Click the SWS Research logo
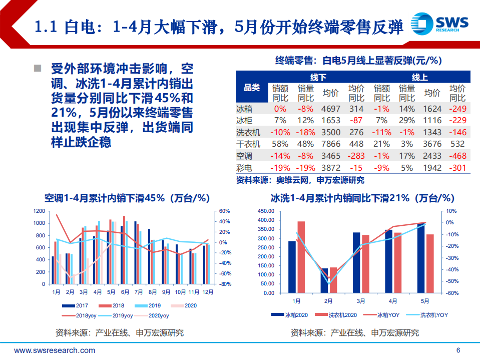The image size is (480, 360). pos(439,24)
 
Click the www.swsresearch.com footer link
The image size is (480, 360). pos(55,350)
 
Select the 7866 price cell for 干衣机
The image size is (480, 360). pos(330,144)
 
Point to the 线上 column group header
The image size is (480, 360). pos(419,77)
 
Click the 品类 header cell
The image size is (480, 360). pos(251,88)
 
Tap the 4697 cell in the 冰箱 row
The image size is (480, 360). pos(330,108)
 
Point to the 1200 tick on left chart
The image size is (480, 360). pos(39,211)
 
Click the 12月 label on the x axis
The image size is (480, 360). pos(207,292)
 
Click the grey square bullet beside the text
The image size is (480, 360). pos(37,68)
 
